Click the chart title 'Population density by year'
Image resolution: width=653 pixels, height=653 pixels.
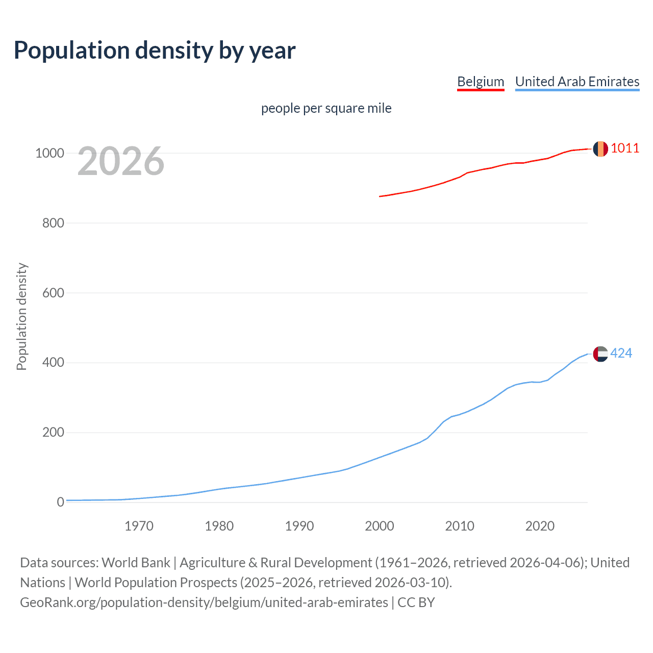coord(155,51)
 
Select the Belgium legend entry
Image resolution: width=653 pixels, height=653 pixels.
coord(481,82)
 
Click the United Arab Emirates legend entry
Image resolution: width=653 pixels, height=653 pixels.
coord(577,82)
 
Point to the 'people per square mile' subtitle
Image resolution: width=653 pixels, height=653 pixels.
coord(326,108)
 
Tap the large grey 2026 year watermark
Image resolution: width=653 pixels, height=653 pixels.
coord(121,161)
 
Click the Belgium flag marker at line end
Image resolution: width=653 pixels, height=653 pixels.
coord(600,148)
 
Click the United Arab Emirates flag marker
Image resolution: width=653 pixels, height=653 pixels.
coord(600,354)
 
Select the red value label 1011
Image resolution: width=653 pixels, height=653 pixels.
coord(625,148)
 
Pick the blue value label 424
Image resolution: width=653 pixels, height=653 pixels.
coord(621,353)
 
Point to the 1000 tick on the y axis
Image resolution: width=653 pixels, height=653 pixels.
coord(49,153)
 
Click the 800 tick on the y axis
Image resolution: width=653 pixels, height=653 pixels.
coord(53,223)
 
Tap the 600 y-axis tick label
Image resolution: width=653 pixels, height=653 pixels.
coord(53,293)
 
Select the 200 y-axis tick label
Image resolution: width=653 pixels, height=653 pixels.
coord(53,433)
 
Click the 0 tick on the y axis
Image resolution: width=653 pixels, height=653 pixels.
coord(61,502)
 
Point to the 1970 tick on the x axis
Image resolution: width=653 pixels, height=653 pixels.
coord(139,526)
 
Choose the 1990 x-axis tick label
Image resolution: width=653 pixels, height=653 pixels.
coord(299,526)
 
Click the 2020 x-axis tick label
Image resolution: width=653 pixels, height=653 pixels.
coord(540,526)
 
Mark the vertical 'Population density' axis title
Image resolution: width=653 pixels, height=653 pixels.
coord(21,316)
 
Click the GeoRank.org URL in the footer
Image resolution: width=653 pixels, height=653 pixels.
coord(204,602)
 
